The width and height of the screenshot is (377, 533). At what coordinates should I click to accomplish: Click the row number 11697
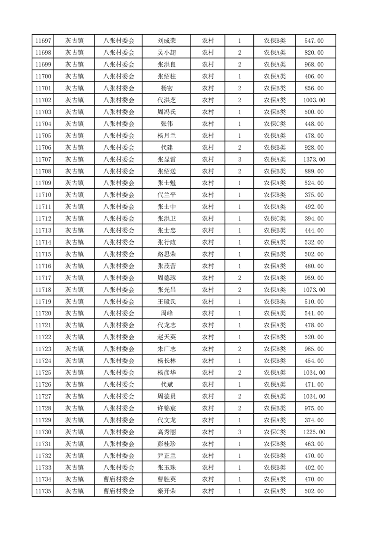click(x=43, y=41)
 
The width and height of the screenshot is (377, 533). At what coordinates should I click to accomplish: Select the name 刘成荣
click(x=166, y=41)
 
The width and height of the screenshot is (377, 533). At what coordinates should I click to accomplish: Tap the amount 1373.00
click(x=314, y=160)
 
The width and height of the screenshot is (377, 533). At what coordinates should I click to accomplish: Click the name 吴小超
click(x=166, y=53)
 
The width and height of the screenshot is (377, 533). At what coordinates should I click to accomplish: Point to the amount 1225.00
click(x=314, y=432)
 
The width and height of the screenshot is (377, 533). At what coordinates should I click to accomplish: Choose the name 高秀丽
click(x=166, y=432)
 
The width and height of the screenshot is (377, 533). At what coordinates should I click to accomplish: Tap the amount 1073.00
click(x=314, y=290)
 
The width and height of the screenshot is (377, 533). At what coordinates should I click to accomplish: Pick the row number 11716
click(x=43, y=266)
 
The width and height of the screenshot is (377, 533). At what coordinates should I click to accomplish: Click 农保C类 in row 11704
click(x=275, y=124)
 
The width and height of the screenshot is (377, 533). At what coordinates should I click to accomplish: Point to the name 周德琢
click(x=166, y=278)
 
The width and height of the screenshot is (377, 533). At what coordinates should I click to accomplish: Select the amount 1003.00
click(x=314, y=100)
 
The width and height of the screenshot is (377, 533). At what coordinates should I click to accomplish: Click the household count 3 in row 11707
click(x=239, y=160)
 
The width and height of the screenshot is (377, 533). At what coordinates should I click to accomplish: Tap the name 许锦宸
click(x=166, y=409)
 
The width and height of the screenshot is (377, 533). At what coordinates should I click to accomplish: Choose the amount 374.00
click(x=314, y=420)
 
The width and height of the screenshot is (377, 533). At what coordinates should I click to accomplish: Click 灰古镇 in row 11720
click(x=74, y=314)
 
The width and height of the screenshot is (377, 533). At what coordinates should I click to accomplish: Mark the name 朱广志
click(x=166, y=349)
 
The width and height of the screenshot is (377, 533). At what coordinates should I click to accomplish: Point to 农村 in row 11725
click(x=208, y=373)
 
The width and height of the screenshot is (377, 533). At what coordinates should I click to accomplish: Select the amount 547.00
click(x=314, y=41)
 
